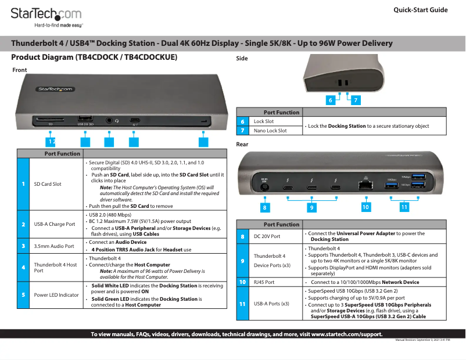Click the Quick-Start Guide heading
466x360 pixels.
pos(420,10)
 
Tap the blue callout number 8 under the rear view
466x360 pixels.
pos(265,207)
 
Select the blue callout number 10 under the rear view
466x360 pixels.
pos(365,207)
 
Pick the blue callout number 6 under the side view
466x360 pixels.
pos(330,100)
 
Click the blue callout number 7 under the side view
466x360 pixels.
pos(355,100)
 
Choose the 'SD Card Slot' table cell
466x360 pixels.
pos(48,184)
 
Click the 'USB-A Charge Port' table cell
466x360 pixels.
pos(54,224)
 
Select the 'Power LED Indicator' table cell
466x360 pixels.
pos(56,295)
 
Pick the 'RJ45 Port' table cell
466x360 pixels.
pos(264,282)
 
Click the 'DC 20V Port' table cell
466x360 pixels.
pos(267,236)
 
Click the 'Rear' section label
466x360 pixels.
pos(242,144)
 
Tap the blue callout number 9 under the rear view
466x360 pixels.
pos(311,207)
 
